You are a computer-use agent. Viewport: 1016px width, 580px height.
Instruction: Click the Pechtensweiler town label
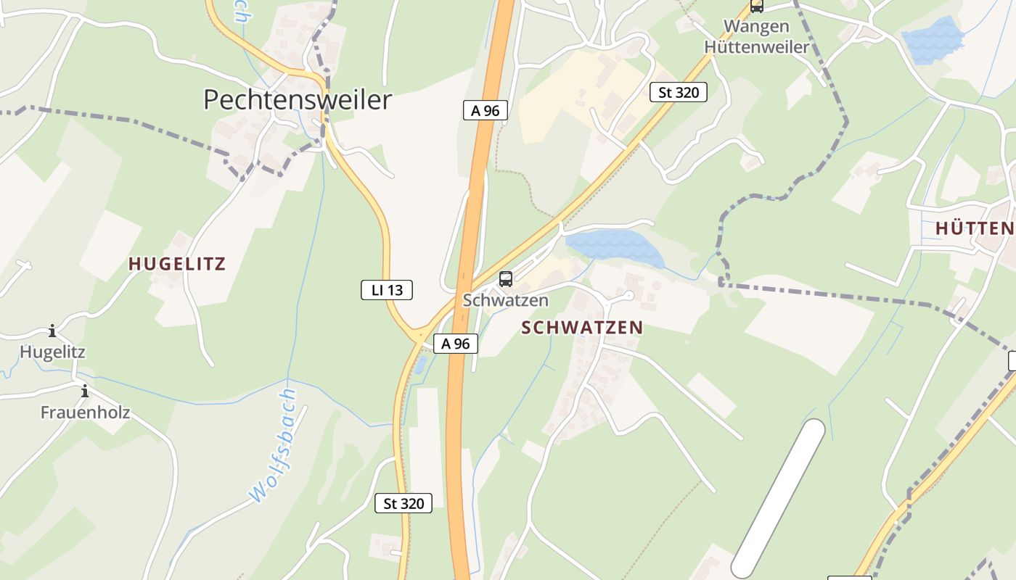point(298,100)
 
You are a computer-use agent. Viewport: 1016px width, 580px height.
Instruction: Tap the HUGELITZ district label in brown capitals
point(177,264)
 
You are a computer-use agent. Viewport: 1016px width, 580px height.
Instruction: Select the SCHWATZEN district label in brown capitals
point(582,328)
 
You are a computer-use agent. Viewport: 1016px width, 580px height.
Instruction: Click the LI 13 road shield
point(387,291)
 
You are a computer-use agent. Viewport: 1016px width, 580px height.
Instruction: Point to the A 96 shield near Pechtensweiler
point(485,111)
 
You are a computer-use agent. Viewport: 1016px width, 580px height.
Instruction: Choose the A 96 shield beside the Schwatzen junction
point(456,344)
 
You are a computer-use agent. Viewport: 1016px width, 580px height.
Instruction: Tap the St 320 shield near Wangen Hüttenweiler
point(678,92)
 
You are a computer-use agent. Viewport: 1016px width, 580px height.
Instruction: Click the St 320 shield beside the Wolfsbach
point(403,503)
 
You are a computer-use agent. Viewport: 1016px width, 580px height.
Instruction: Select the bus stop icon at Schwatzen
point(506,279)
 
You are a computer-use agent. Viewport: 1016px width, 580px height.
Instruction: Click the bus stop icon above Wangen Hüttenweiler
point(757,7)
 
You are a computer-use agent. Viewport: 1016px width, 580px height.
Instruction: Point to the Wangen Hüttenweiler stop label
point(756,37)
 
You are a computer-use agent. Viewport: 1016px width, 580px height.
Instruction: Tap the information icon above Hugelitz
point(52,332)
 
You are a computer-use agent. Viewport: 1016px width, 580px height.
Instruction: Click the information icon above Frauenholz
point(85,391)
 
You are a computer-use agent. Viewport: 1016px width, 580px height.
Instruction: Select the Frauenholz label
point(85,413)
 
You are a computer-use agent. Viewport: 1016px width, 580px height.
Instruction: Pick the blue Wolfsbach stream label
point(274,446)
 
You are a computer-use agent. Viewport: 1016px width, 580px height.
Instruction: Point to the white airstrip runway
point(779,499)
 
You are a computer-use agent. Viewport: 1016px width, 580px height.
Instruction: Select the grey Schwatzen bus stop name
point(506,300)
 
